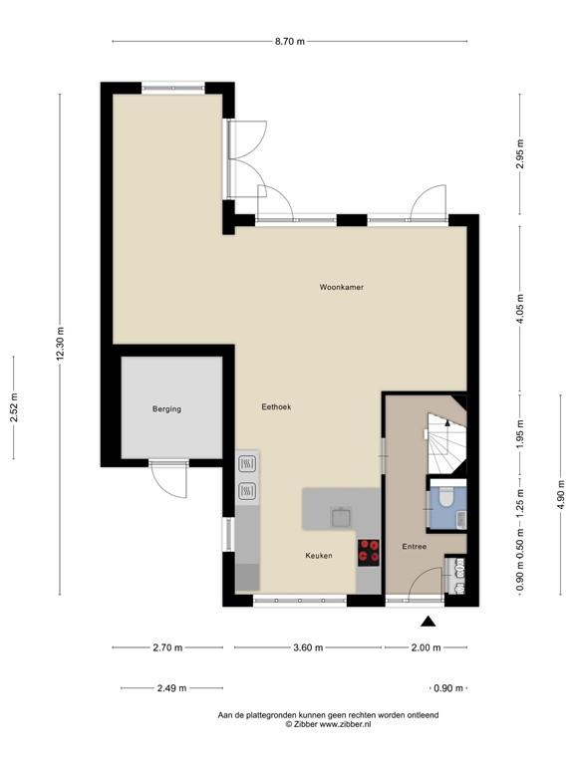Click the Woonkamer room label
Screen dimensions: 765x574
click(341, 287)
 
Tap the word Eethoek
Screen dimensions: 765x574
click(276, 406)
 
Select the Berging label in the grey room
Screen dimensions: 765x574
click(166, 408)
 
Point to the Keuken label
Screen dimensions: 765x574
click(319, 555)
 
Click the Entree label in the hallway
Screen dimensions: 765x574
click(415, 546)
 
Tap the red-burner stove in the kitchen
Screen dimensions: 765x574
click(370, 551)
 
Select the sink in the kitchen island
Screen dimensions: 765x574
click(341, 516)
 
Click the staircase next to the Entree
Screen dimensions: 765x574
click(445, 444)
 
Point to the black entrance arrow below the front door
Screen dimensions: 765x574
click(429, 623)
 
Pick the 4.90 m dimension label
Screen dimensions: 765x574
click(562, 493)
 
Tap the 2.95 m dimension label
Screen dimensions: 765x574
click(519, 155)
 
